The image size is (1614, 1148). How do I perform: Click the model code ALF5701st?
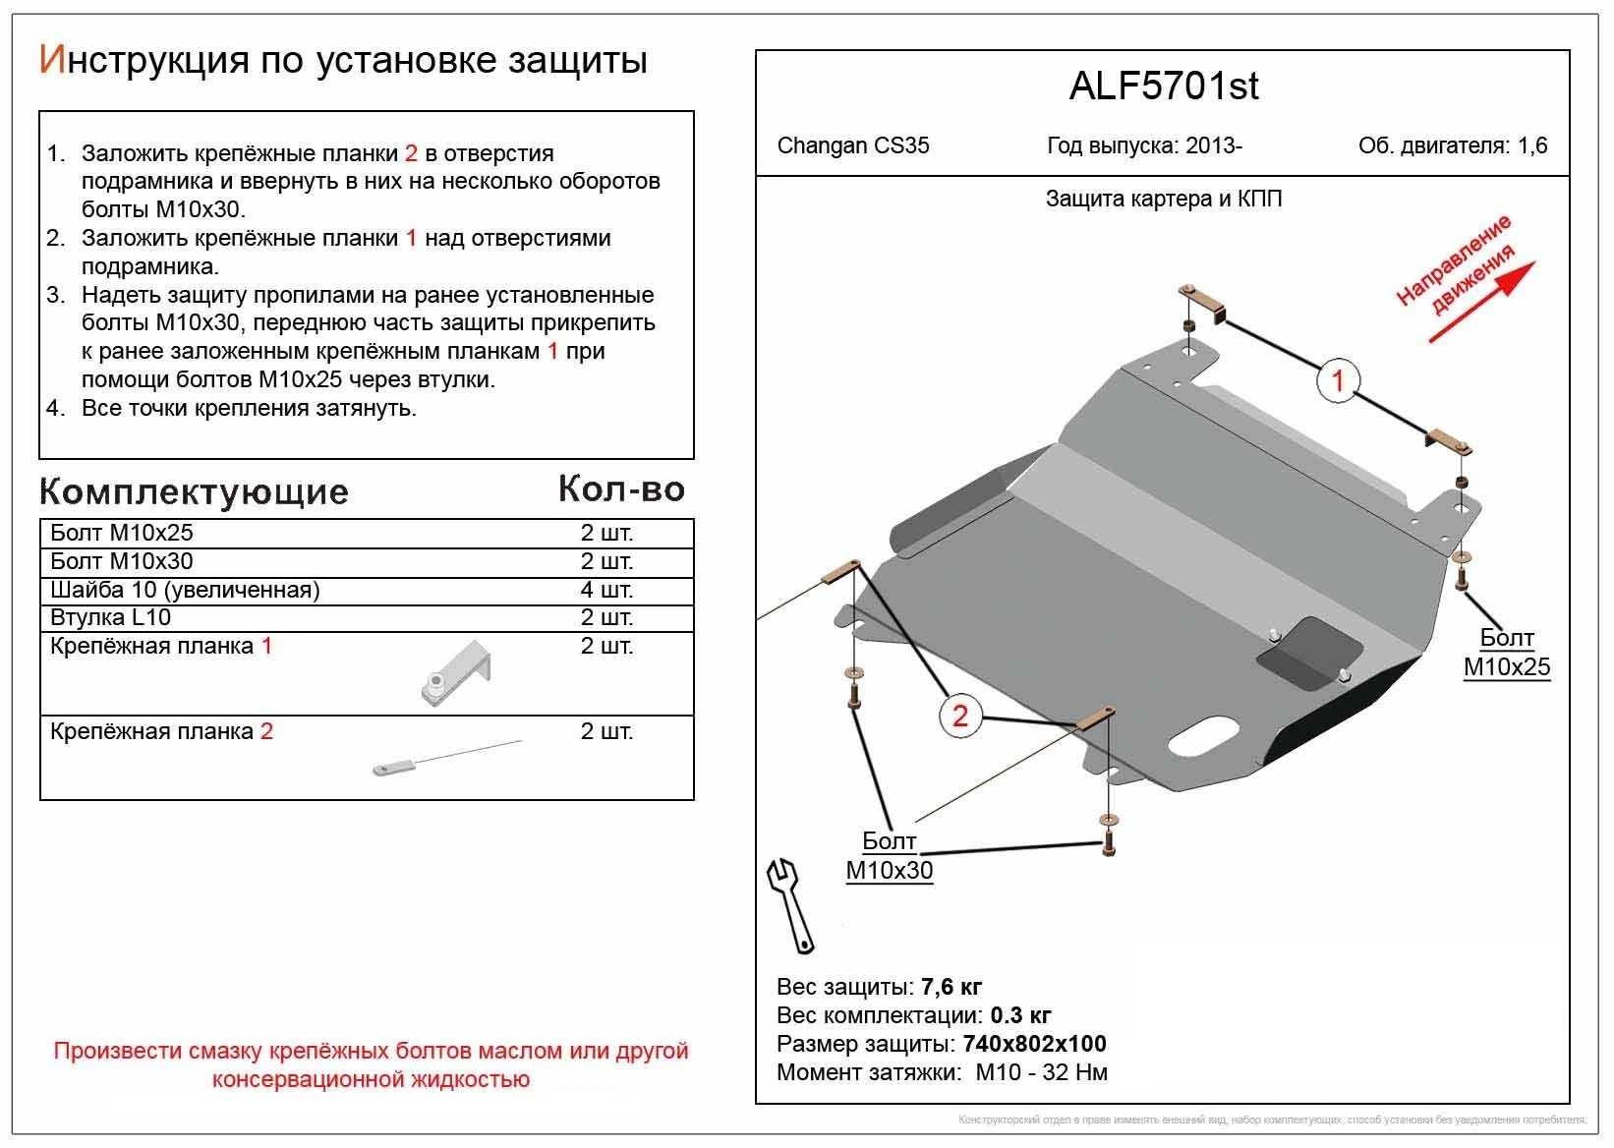click(x=1163, y=86)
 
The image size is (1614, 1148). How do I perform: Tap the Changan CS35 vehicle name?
click(x=852, y=145)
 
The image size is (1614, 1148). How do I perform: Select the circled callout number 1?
click(x=1337, y=379)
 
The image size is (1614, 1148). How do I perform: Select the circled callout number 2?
click(x=959, y=715)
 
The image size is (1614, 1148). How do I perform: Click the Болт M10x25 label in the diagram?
click(x=1506, y=653)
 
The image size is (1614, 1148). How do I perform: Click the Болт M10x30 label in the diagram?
click(x=889, y=856)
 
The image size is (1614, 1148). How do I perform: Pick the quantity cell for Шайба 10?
click(x=606, y=590)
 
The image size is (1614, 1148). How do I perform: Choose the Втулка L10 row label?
click(x=110, y=617)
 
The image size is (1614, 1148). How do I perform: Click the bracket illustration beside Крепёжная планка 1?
click(x=455, y=673)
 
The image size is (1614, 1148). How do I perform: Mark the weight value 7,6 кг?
click(x=950, y=987)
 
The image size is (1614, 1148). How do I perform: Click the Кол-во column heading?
click(x=621, y=488)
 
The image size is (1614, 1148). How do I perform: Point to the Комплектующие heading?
click(x=194, y=491)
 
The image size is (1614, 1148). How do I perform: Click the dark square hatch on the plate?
click(x=1310, y=653)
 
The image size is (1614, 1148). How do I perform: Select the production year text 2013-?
click(x=1213, y=145)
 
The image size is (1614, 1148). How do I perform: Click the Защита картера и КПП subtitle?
click(x=1163, y=200)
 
